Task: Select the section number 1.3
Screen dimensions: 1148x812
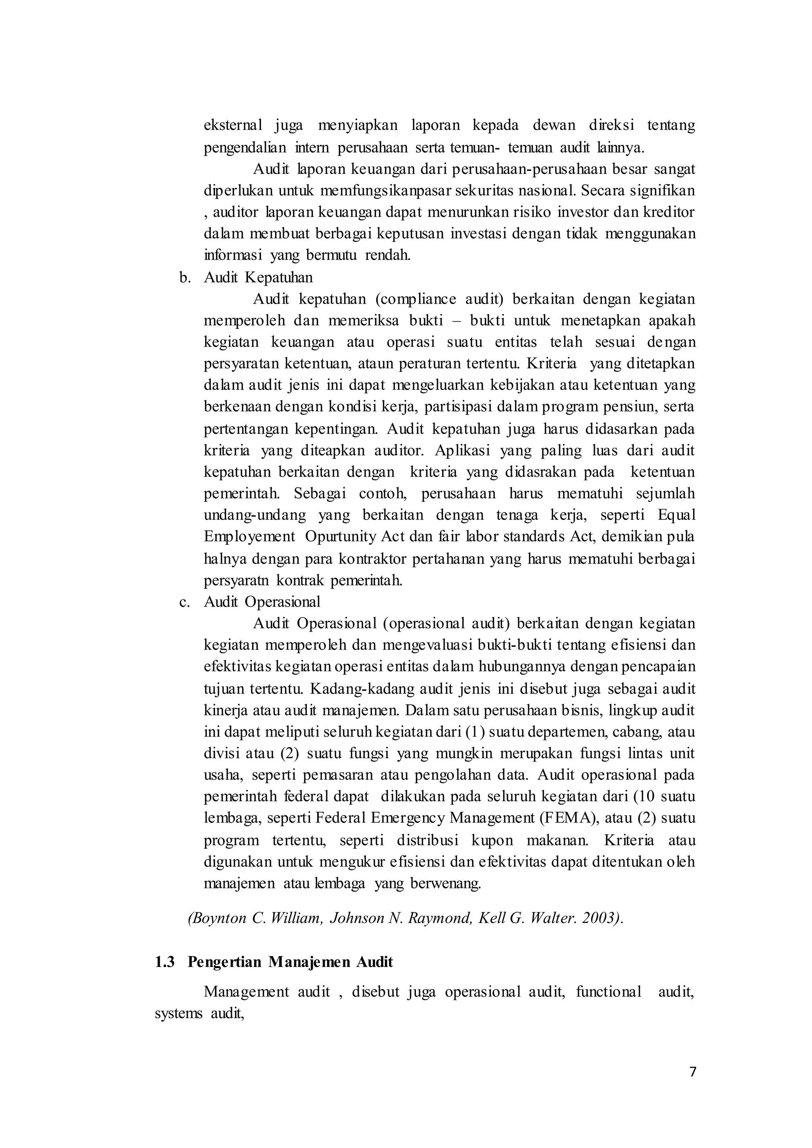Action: (165, 962)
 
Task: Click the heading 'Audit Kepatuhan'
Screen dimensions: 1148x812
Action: (259, 277)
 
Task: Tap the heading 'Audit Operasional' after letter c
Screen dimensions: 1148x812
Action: (262, 601)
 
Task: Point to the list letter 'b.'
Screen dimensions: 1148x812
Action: (186, 277)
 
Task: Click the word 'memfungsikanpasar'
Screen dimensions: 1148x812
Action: (375, 191)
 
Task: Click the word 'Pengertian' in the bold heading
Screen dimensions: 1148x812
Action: (225, 962)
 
